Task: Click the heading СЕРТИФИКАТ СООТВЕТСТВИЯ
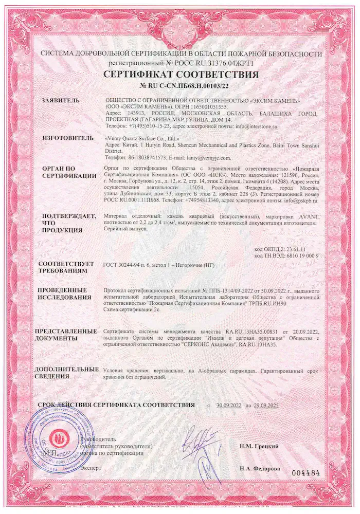tap(181, 75)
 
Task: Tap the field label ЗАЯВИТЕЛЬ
tap(61, 100)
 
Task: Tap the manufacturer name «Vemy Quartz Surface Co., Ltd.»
tap(141, 138)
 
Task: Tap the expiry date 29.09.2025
tap(275, 406)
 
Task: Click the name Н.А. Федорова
tap(260, 469)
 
